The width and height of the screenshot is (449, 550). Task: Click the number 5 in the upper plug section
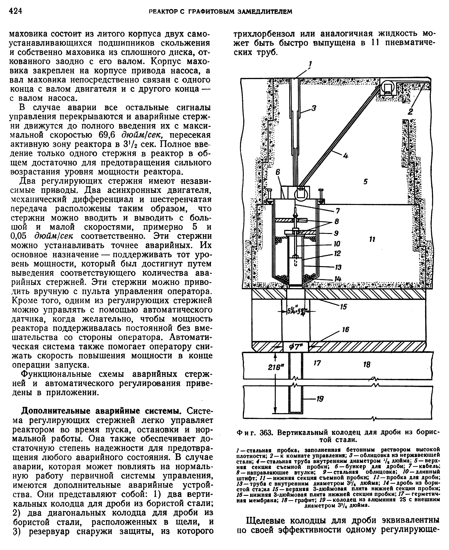(365, 182)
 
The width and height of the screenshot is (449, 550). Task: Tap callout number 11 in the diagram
(372, 240)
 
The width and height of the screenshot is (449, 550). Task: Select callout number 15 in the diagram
(343, 307)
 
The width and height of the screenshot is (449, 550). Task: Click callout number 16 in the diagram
(346, 329)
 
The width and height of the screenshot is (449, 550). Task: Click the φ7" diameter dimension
(296, 347)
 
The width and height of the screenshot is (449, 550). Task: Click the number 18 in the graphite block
(366, 364)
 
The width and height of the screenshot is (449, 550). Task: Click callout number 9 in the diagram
(336, 233)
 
